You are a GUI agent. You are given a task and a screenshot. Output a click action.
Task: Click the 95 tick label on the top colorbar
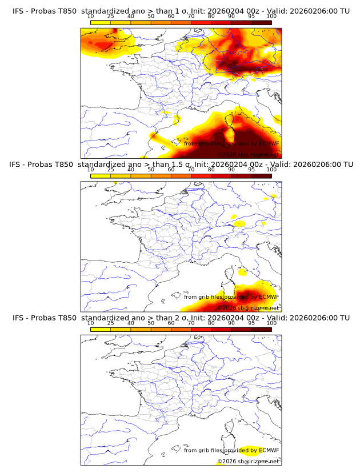point(251,16)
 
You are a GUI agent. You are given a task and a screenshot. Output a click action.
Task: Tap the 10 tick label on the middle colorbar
point(91,170)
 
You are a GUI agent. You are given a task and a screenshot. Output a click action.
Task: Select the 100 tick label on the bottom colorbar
point(271,323)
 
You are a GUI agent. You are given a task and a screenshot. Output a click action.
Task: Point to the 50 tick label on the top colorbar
point(151,16)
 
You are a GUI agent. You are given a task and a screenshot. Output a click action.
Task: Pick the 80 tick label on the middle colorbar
point(211,170)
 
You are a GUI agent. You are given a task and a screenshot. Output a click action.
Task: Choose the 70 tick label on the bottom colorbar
point(191,323)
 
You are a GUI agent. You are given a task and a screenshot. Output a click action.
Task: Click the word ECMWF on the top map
point(269,144)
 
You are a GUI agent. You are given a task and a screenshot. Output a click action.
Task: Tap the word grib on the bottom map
point(206,451)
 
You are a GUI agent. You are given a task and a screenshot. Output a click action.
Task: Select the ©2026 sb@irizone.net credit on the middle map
point(247,308)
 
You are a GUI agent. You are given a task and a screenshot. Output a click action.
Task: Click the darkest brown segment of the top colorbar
point(261,22)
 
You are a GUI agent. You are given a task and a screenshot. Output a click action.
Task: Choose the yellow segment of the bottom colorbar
point(101,329)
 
